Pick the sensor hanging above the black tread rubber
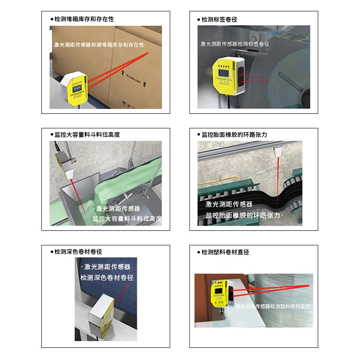(x=278, y=151)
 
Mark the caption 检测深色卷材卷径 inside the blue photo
(x=106, y=278)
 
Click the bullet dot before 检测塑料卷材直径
(x=198, y=252)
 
